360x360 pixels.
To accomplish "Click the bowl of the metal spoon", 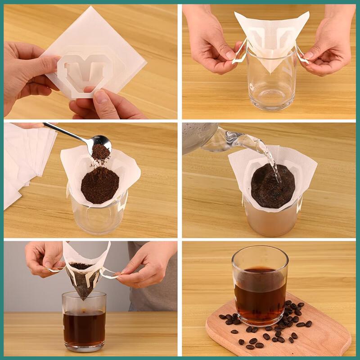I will (101, 143).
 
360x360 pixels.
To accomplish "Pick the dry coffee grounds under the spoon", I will (99, 184).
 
